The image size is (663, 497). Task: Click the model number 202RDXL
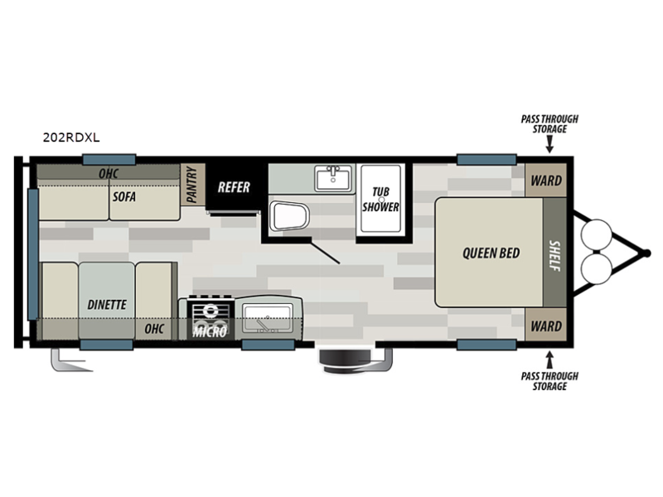click(x=71, y=138)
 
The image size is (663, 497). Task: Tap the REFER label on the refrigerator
click(x=234, y=187)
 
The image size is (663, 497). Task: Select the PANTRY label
click(x=191, y=184)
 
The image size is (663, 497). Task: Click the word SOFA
click(x=123, y=196)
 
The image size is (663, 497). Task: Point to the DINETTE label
click(x=107, y=305)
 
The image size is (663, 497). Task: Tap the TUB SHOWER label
click(x=380, y=200)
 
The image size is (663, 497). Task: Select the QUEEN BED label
click(x=491, y=253)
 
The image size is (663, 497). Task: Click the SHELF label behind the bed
click(x=554, y=255)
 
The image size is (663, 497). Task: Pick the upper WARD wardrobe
click(x=546, y=181)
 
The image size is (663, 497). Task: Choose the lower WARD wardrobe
click(x=546, y=326)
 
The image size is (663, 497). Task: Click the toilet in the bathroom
click(x=289, y=216)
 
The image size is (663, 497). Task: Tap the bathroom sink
click(x=333, y=178)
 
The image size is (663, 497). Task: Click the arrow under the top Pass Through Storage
click(x=549, y=144)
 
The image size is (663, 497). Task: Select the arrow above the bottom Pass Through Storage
click(x=549, y=360)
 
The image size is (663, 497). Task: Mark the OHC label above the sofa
click(x=109, y=173)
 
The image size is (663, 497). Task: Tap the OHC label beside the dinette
click(x=154, y=329)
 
